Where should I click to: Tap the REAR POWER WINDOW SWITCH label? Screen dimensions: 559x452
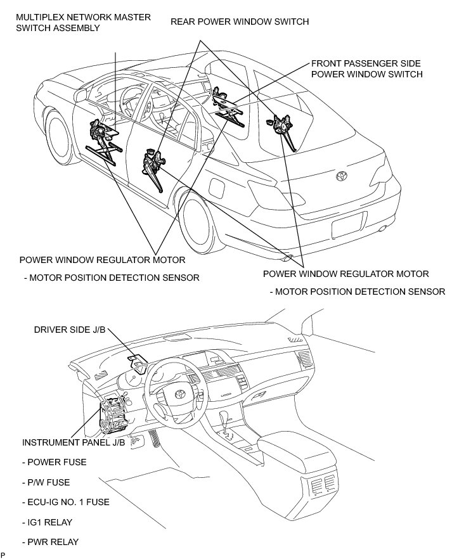tap(240, 22)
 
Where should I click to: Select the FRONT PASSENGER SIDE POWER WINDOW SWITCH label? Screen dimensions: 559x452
tap(366, 69)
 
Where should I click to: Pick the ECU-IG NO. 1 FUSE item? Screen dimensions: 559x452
tap(65, 502)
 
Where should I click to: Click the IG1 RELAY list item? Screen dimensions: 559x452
tap(47, 522)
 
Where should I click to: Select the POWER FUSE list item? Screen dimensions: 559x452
tap(55, 462)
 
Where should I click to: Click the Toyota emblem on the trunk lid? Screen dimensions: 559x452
tap(342, 175)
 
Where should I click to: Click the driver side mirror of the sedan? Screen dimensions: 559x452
tap(80, 94)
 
